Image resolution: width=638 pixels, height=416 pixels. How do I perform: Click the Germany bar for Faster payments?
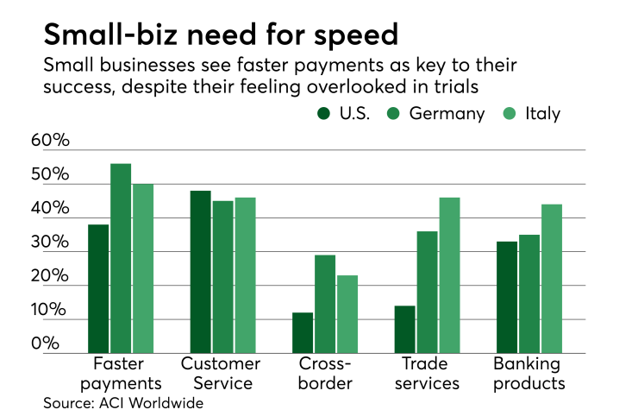(x=121, y=258)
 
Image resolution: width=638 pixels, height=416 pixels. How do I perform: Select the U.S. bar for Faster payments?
(x=98, y=288)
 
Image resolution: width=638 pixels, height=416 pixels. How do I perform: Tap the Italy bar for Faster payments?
(x=142, y=268)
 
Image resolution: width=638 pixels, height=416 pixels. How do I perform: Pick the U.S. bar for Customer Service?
(x=200, y=272)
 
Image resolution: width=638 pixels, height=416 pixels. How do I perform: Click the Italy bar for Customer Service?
(x=245, y=275)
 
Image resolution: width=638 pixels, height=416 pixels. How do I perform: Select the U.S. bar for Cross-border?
(x=303, y=332)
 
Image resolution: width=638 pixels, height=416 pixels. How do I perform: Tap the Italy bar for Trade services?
(x=449, y=275)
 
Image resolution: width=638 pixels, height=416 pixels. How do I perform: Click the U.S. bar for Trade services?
(x=404, y=329)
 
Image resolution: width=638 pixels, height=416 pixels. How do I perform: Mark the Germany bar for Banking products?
(x=529, y=293)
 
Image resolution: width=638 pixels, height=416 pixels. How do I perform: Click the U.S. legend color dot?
(x=323, y=114)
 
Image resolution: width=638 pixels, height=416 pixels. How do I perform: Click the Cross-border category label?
(x=325, y=374)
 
